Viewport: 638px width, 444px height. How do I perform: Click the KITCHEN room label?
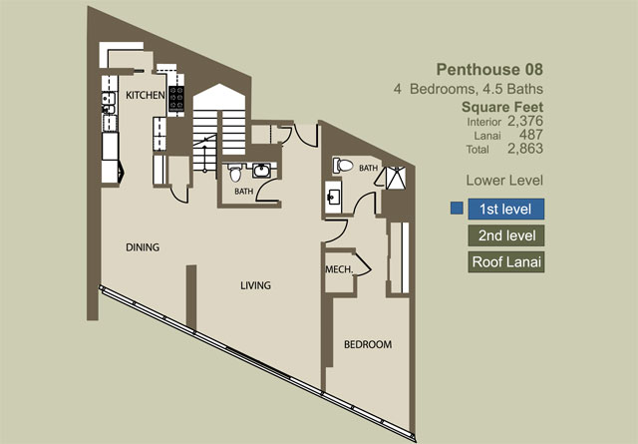click(146, 96)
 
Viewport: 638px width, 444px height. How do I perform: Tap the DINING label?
click(143, 247)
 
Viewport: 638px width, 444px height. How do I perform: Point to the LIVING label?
click(255, 285)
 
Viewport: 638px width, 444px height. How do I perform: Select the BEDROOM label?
click(368, 344)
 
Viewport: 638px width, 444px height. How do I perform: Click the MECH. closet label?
click(339, 269)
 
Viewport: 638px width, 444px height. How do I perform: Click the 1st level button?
click(505, 209)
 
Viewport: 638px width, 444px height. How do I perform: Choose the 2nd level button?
click(505, 235)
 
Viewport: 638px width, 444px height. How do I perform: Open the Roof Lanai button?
click(505, 262)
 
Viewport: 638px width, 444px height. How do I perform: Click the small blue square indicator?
click(457, 209)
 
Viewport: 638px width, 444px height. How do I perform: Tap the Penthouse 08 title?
click(489, 70)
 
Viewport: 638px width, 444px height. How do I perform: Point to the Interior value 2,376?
click(525, 121)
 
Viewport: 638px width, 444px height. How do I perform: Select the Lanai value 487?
click(531, 135)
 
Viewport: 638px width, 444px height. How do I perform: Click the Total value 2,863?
click(525, 149)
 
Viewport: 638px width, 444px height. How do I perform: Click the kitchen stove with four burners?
click(176, 98)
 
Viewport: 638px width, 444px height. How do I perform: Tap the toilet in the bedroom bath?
click(343, 166)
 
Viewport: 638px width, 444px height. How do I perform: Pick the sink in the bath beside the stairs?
click(261, 170)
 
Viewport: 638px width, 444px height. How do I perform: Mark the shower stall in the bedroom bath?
click(395, 178)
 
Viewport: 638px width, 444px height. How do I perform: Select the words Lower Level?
click(504, 181)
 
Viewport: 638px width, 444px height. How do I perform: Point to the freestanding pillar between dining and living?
click(191, 297)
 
